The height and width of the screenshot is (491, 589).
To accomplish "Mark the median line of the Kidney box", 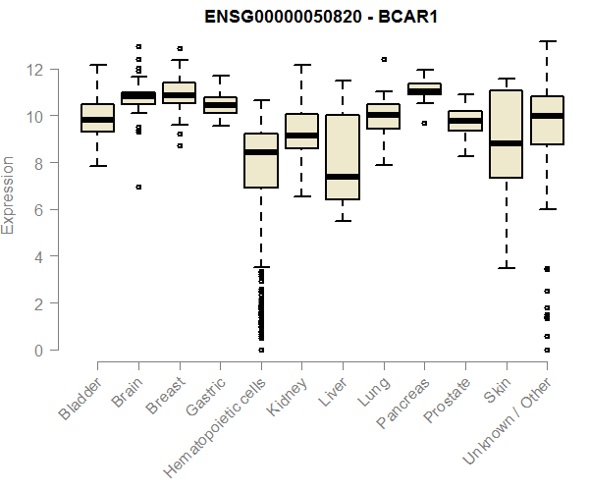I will click(x=301, y=136).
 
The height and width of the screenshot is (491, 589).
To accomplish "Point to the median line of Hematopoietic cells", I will click(x=261, y=152).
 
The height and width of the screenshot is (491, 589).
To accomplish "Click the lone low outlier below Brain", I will click(x=138, y=188).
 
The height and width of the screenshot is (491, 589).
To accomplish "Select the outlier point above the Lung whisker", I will click(x=383, y=60).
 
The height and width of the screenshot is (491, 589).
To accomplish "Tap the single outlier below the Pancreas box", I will click(x=424, y=124).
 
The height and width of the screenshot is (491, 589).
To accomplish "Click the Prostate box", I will click(x=464, y=120).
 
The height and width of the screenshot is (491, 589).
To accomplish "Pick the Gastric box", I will click(x=220, y=105).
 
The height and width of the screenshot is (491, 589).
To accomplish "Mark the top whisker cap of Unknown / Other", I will click(x=547, y=41).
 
